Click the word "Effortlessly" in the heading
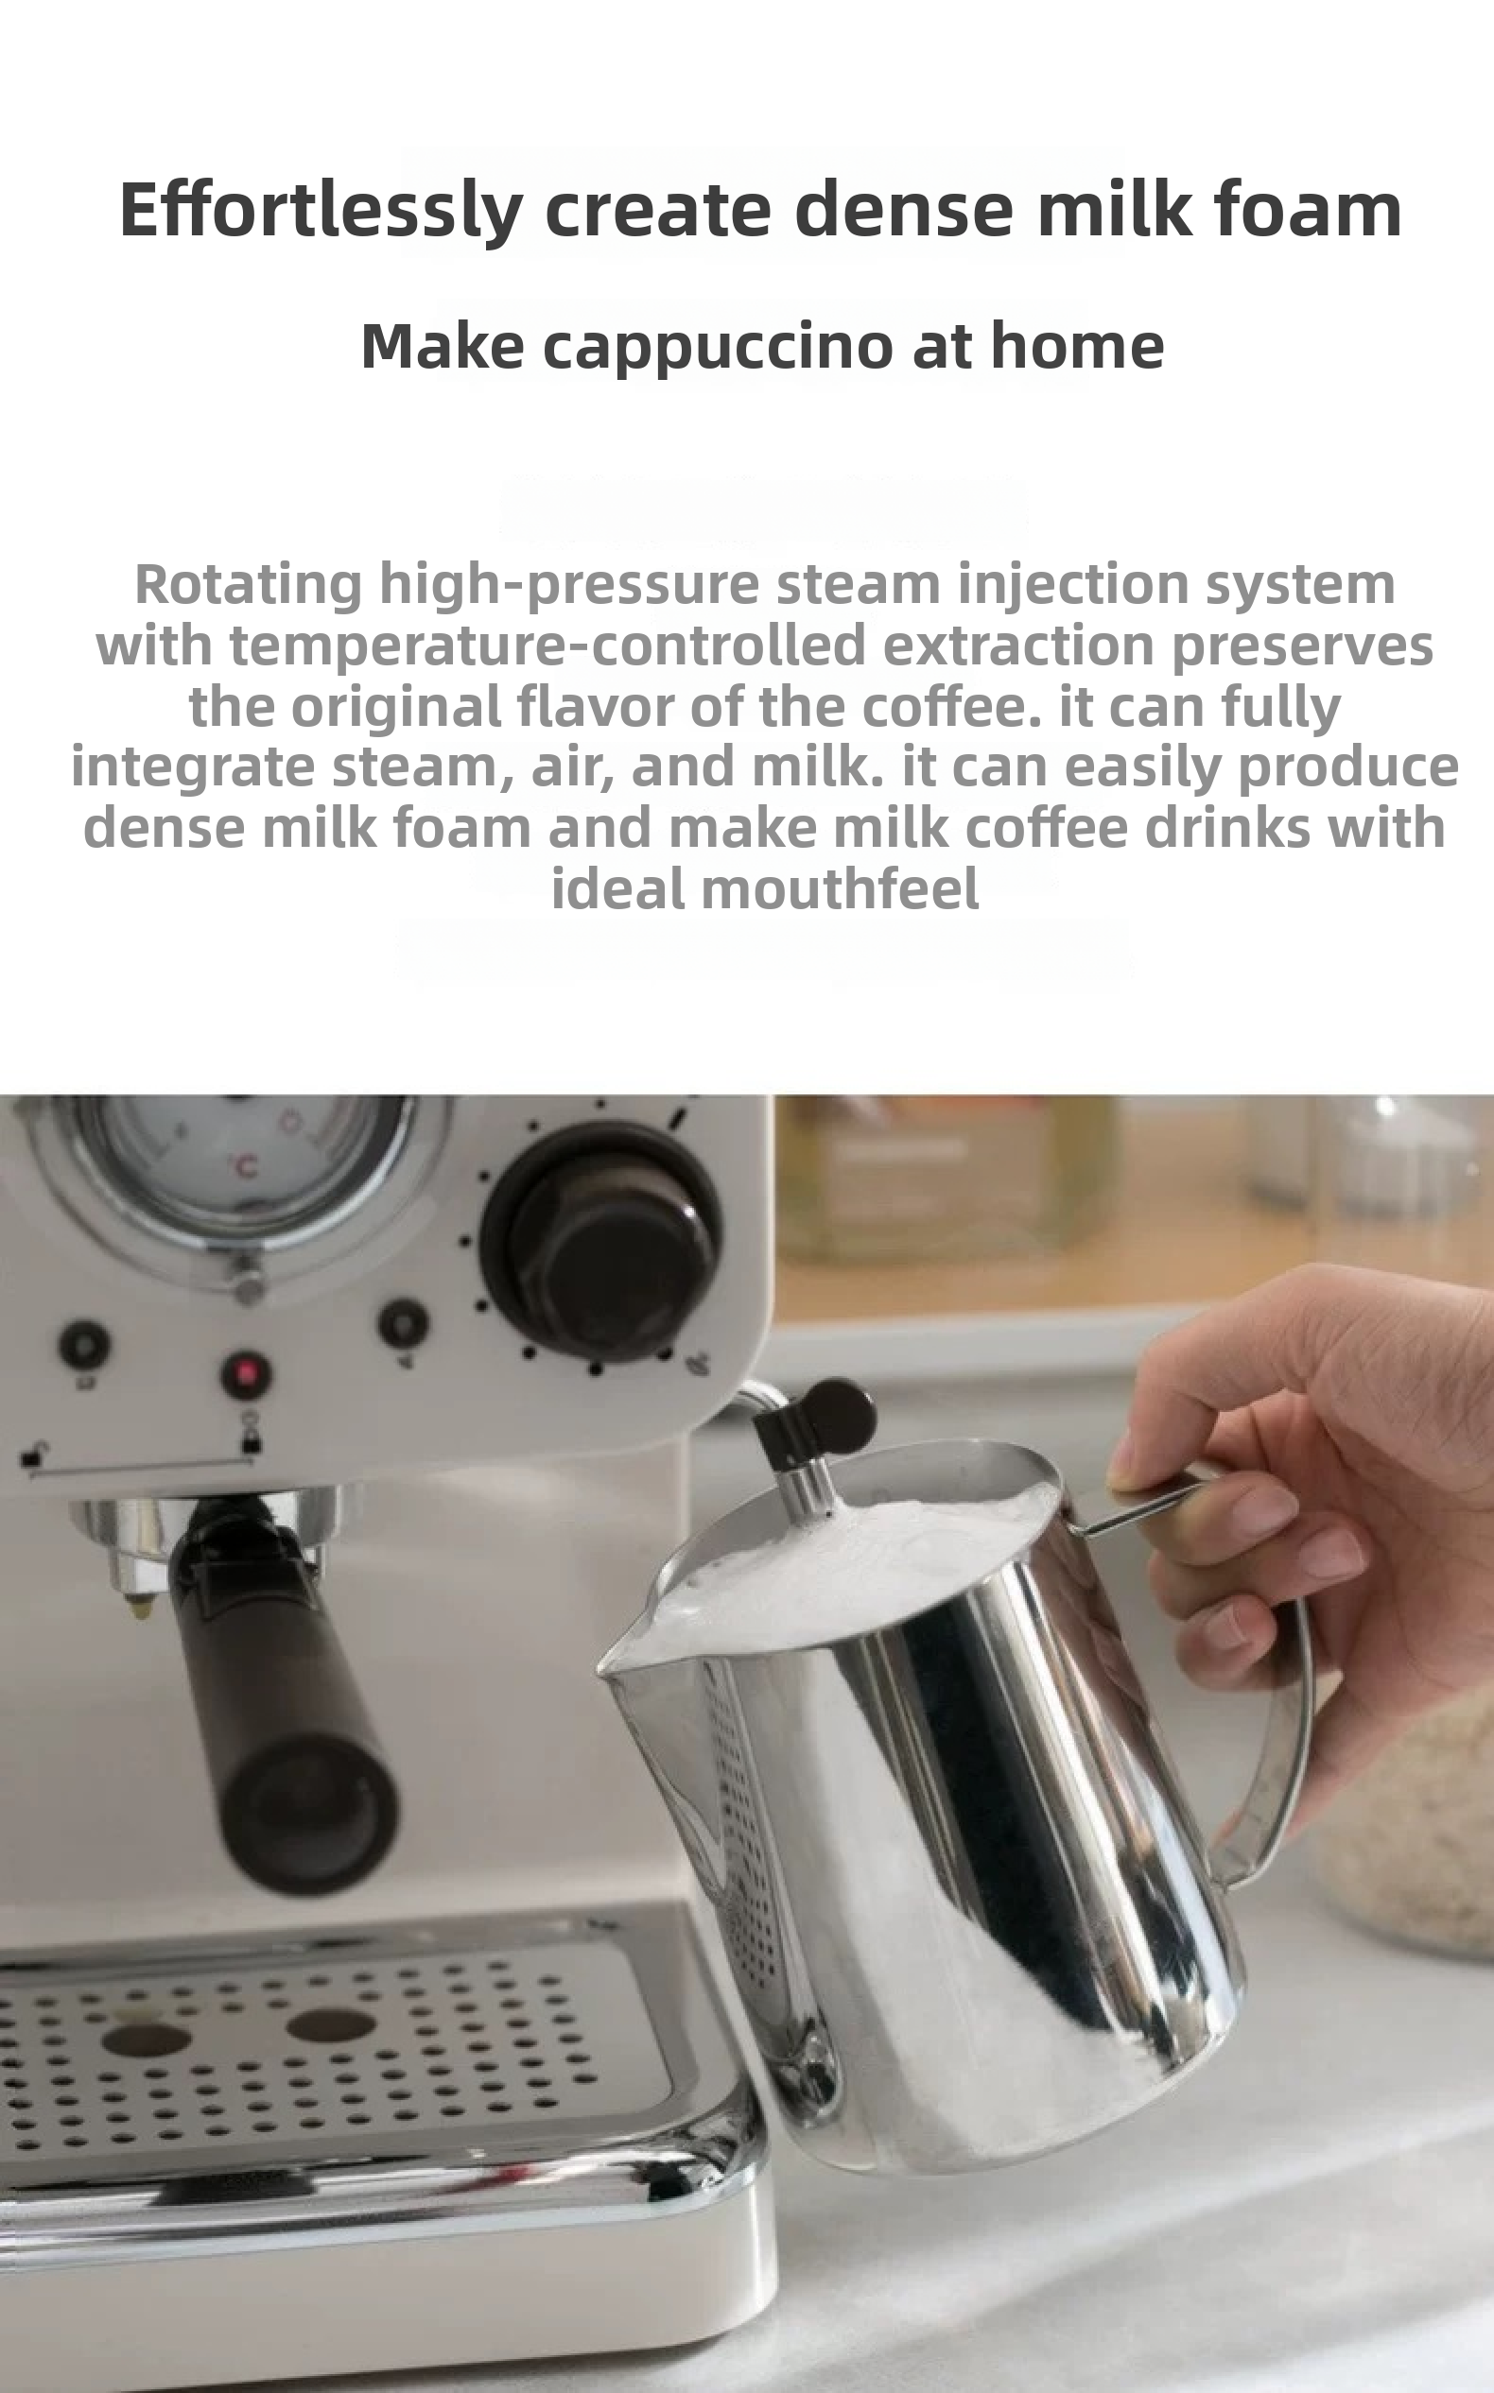[321, 211]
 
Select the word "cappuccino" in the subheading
[720, 349]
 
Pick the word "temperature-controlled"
[547, 645]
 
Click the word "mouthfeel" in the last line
[840, 888]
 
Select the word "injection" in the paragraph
[1072, 585]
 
